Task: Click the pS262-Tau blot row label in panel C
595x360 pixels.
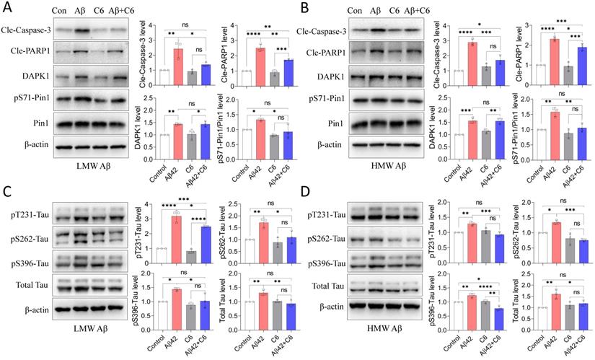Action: click(25, 236)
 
